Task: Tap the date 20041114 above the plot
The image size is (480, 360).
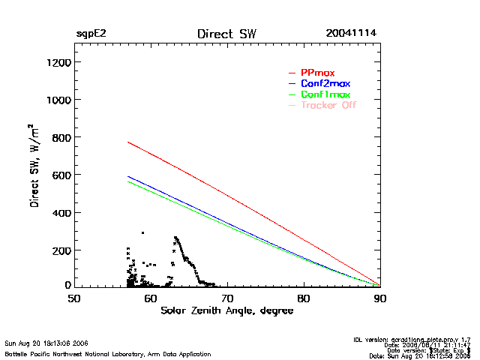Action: [x=351, y=34]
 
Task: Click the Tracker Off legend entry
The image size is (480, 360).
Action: [x=328, y=106]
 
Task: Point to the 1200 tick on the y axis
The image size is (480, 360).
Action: [x=57, y=62]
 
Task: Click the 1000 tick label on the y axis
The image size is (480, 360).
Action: [x=57, y=100]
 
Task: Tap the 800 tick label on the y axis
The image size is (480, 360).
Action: [x=60, y=137]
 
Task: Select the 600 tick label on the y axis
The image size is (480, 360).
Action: [x=60, y=175]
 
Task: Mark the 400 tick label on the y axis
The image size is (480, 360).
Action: [x=60, y=212]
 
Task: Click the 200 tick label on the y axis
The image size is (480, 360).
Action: [x=60, y=250]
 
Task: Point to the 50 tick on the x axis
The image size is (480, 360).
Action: [x=74, y=298]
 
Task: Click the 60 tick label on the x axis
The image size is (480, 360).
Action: [x=151, y=298]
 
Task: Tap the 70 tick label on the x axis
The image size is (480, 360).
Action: [x=227, y=298]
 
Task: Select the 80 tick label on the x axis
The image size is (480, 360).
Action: [x=304, y=298]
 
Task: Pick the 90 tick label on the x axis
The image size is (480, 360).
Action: [x=380, y=298]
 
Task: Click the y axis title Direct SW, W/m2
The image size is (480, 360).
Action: [x=34, y=172]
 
